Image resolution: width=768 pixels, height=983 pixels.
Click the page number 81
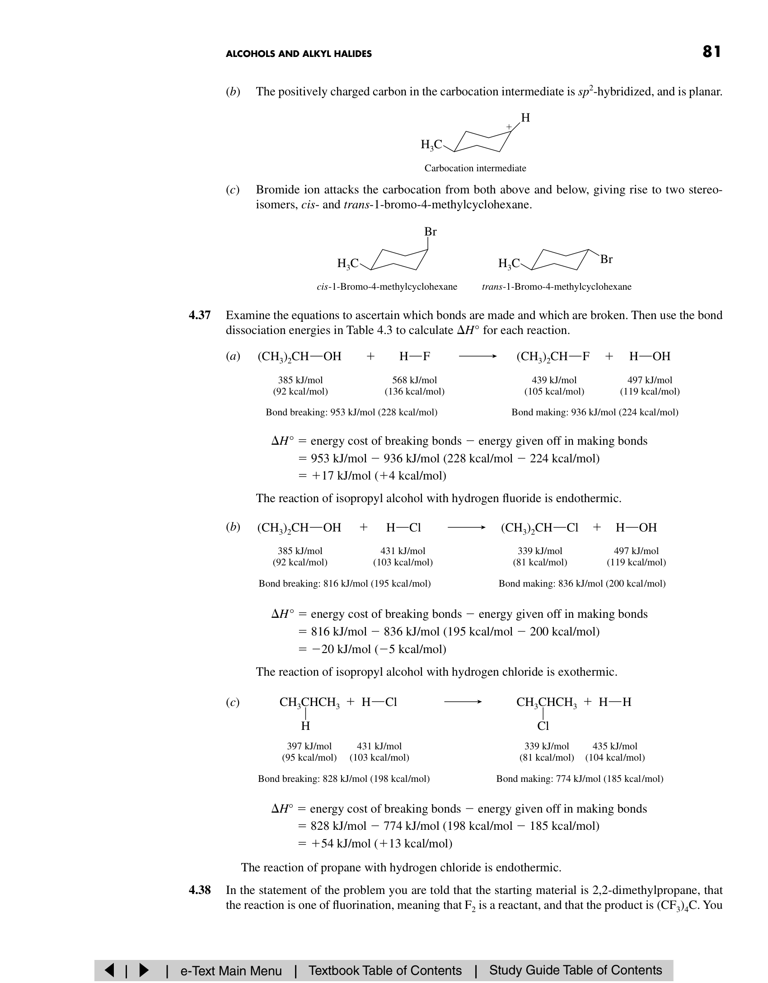click(712, 52)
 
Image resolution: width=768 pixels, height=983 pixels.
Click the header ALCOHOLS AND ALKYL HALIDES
click(299, 54)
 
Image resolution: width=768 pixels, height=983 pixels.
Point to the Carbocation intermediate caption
click(475, 168)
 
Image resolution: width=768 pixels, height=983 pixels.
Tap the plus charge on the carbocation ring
click(509, 127)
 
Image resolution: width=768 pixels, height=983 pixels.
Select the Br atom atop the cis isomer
click(430, 232)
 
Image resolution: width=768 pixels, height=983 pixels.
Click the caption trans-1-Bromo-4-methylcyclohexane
click(557, 287)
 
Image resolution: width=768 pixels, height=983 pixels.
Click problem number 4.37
click(200, 315)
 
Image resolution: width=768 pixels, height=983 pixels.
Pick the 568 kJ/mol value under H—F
click(414, 380)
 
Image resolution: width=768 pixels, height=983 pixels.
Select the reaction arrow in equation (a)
click(478, 357)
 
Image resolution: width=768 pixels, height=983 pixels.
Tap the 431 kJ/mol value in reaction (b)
click(403, 551)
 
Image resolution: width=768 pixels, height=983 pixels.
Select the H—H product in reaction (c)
click(615, 702)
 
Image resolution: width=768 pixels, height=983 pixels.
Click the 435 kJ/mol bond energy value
click(614, 746)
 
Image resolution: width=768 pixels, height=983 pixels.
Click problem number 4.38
click(200, 890)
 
